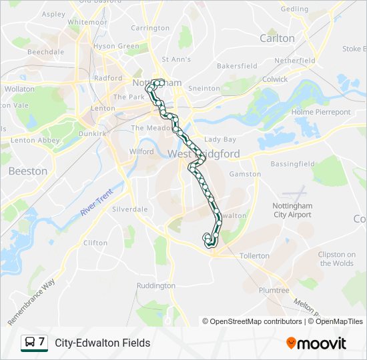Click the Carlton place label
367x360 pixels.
277,38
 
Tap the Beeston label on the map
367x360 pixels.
28,171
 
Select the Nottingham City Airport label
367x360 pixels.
292,210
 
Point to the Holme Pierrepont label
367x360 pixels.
321,112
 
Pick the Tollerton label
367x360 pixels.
254,255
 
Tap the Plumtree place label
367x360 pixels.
274,290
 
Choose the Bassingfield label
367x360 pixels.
292,163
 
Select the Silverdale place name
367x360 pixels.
130,209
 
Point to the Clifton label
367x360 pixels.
95,243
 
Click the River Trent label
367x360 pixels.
97,201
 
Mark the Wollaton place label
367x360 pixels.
19,89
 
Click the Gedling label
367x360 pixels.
294,9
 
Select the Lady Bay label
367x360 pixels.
220,139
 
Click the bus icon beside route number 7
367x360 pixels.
30,343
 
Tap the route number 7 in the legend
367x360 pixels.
41,342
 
